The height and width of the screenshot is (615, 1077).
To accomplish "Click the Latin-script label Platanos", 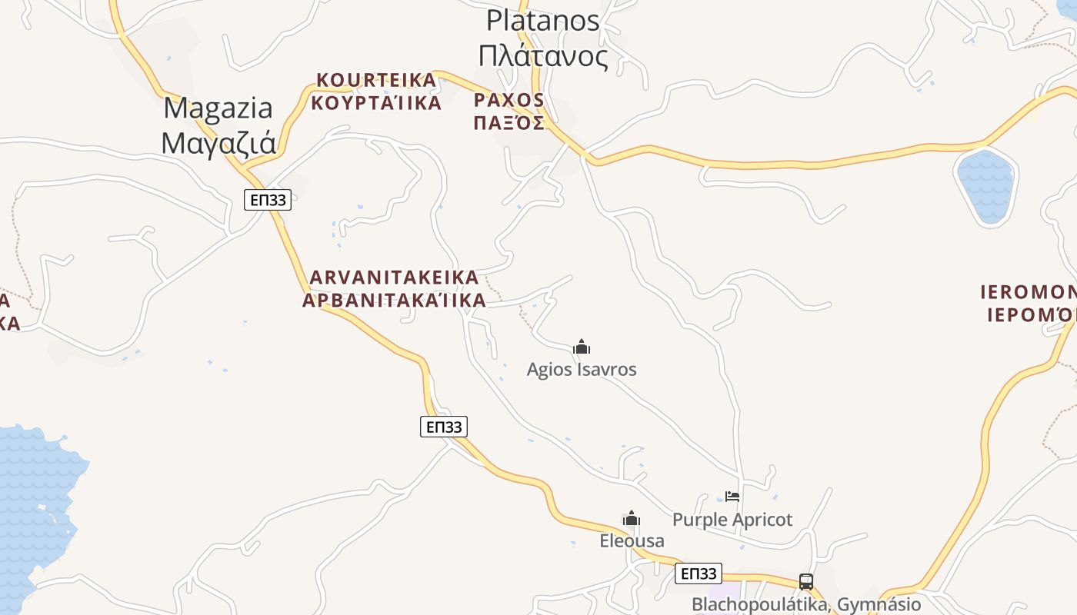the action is point(543,21).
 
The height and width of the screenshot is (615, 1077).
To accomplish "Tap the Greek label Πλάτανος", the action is point(543,56).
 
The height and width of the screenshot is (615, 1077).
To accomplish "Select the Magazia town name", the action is point(218,108).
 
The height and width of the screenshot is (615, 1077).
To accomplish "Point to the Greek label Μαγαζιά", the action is point(218,144).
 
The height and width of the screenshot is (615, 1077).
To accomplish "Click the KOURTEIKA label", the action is point(376,80).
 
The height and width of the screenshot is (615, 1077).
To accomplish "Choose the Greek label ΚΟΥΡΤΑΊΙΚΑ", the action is point(376,103).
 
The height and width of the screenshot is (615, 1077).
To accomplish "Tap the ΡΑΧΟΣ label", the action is point(509,101).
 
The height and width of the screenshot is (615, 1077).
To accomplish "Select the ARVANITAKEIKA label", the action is point(394,278).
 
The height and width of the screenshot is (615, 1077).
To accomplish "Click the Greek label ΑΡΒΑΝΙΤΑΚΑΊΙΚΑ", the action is point(394,301).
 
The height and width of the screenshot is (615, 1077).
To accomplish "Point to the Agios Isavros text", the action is point(582,370).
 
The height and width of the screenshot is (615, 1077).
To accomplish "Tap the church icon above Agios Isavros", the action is point(582,347).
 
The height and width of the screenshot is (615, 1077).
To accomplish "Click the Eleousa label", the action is point(632,541).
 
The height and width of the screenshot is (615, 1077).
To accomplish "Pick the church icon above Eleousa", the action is point(632,519).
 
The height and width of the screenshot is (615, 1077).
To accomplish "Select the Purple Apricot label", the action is point(732,520).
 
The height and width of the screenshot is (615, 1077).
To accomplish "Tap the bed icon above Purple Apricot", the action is point(732,497).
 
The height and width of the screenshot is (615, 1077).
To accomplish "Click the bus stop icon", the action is point(806,582).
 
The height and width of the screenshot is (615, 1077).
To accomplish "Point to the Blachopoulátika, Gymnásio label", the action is point(806,604).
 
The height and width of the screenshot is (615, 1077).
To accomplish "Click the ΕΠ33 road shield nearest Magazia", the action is point(268,200).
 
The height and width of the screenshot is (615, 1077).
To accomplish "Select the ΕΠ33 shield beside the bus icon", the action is point(699,573).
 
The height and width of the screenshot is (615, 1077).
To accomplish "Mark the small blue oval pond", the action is point(985,187).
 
